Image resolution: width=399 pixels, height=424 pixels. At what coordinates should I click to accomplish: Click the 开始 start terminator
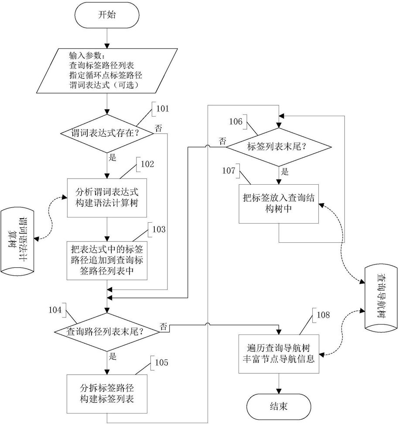tap(107, 15)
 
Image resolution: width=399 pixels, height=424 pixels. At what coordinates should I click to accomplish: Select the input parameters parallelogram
tap(107, 71)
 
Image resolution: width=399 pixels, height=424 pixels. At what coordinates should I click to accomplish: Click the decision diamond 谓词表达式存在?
tap(107, 133)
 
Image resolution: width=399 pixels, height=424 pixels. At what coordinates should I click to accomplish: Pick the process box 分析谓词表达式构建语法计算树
tap(107, 198)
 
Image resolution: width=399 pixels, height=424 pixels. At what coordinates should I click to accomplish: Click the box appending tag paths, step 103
tap(107, 260)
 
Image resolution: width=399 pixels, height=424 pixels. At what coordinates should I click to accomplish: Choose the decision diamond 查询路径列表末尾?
tap(107, 332)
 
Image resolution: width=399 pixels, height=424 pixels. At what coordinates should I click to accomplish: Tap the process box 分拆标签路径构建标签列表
tap(107, 394)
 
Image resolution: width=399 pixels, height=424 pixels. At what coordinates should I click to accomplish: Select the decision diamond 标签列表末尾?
tap(279, 147)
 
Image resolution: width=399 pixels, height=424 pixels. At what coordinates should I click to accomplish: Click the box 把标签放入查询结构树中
tap(279, 204)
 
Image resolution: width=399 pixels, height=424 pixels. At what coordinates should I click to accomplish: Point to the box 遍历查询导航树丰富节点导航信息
tap(279, 354)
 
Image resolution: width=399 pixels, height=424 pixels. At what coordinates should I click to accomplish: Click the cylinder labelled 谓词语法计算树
tap(17, 241)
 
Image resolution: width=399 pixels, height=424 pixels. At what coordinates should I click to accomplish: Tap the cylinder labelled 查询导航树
tap(381, 298)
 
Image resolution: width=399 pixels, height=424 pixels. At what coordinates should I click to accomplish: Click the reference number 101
tap(163, 109)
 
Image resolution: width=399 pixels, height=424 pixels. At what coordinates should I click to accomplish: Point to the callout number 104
tap(55, 310)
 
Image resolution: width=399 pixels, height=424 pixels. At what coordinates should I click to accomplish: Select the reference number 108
tap(324, 315)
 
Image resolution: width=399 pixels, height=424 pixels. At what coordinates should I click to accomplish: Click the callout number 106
tap(236, 121)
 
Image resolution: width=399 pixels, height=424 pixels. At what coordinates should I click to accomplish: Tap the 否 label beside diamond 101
tap(158, 128)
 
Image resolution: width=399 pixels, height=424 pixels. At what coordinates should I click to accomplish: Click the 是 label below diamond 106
tap(285, 172)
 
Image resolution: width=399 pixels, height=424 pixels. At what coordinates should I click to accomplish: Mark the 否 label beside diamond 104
tap(164, 326)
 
